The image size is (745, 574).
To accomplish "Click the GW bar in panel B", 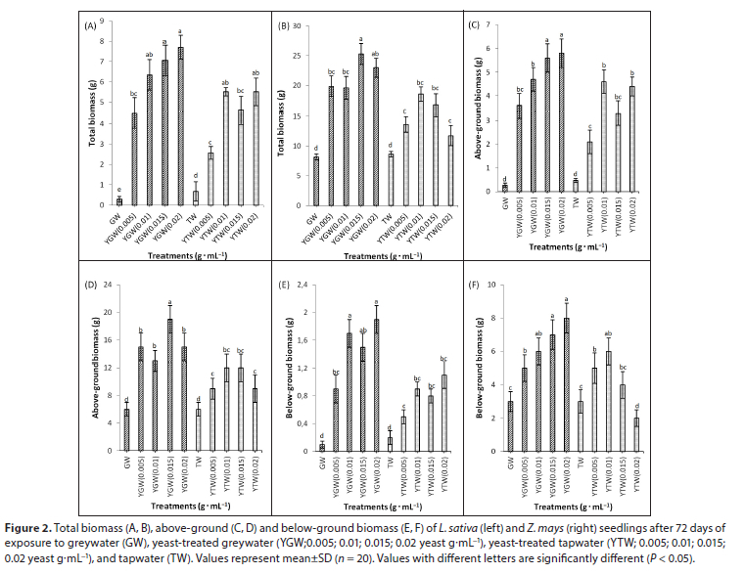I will click(x=316, y=181).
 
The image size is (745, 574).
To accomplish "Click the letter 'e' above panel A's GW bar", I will click(x=119, y=191).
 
